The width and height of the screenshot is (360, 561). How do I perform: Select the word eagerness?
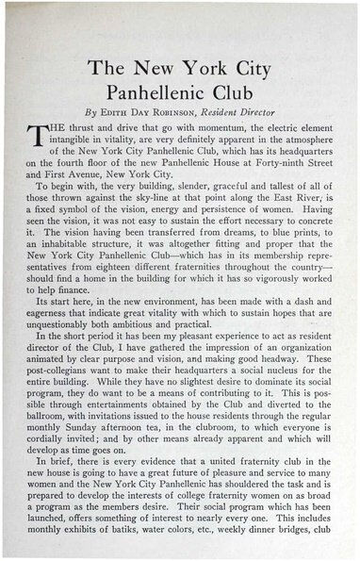(x=51, y=359)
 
